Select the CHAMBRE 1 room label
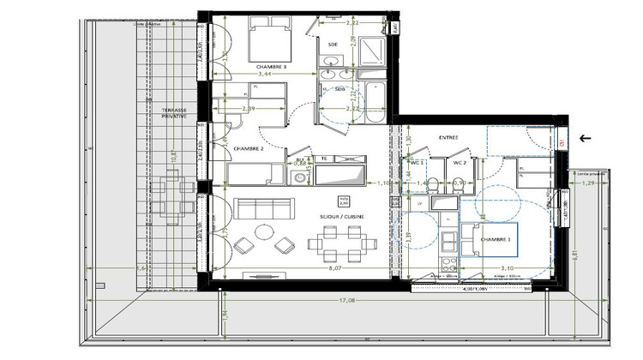coord(496,239)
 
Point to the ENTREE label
coord(448,137)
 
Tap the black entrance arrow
coord(586,137)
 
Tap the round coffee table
coord(261,237)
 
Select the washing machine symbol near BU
coord(299,178)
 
